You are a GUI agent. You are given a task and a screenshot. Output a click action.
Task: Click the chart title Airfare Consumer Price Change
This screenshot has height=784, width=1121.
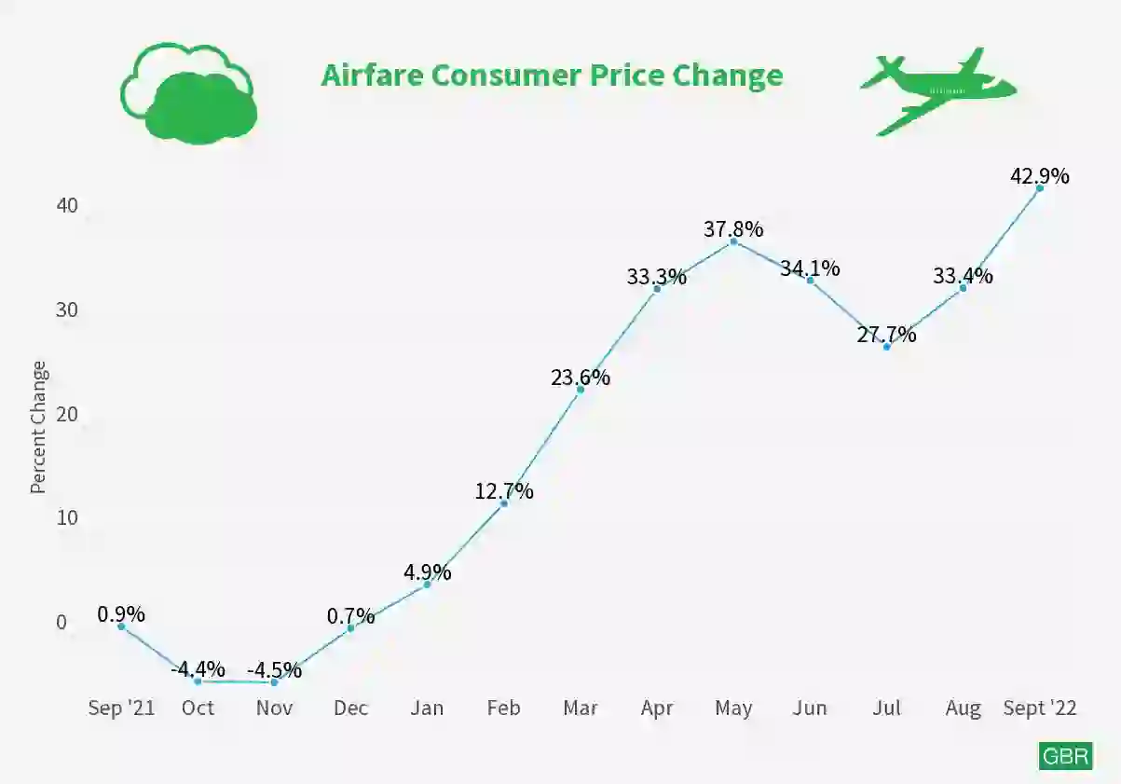(552, 76)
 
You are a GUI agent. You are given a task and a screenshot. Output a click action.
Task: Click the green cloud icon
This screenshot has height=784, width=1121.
(188, 93)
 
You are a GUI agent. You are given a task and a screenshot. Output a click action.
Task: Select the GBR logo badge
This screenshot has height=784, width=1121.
(1065, 756)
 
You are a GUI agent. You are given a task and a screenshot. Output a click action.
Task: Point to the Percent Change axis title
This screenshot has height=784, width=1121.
(38, 427)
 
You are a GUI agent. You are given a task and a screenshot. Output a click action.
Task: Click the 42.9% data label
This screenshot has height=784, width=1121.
(1039, 175)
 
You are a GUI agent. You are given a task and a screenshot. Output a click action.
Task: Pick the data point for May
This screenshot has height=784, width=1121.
(733, 241)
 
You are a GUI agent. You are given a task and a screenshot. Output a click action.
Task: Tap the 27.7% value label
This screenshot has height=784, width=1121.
(886, 334)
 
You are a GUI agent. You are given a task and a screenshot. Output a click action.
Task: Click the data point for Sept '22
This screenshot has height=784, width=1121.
(1039, 188)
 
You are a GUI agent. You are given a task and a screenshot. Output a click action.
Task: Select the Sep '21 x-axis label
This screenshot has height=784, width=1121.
(122, 708)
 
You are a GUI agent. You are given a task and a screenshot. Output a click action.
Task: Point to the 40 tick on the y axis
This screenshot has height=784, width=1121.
(67, 205)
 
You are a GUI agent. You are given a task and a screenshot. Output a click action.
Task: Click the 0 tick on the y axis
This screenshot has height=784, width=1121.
(62, 622)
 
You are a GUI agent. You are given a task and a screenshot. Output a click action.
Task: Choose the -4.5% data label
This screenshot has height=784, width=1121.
(274, 669)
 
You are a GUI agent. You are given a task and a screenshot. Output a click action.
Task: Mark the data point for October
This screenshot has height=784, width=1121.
(198, 681)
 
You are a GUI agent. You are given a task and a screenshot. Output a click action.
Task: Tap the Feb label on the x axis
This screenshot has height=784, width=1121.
(503, 708)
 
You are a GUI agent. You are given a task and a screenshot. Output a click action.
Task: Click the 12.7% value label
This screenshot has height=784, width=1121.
(504, 491)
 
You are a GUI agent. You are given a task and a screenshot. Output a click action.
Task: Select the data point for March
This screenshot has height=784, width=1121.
(581, 390)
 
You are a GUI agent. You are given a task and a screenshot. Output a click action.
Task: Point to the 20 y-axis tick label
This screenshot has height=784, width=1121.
(67, 414)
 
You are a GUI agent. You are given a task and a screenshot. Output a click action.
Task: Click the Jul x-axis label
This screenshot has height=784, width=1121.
(886, 708)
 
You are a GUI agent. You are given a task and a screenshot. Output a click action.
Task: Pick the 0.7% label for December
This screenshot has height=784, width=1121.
(350, 616)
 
